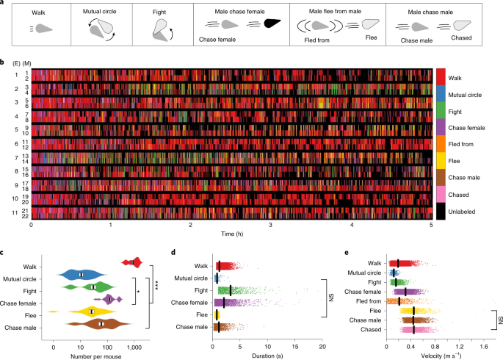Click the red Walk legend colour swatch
point(441,76)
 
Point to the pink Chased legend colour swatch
point(441,195)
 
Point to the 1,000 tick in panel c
point(134,344)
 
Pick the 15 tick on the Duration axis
point(295,344)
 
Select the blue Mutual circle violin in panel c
point(82,274)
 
